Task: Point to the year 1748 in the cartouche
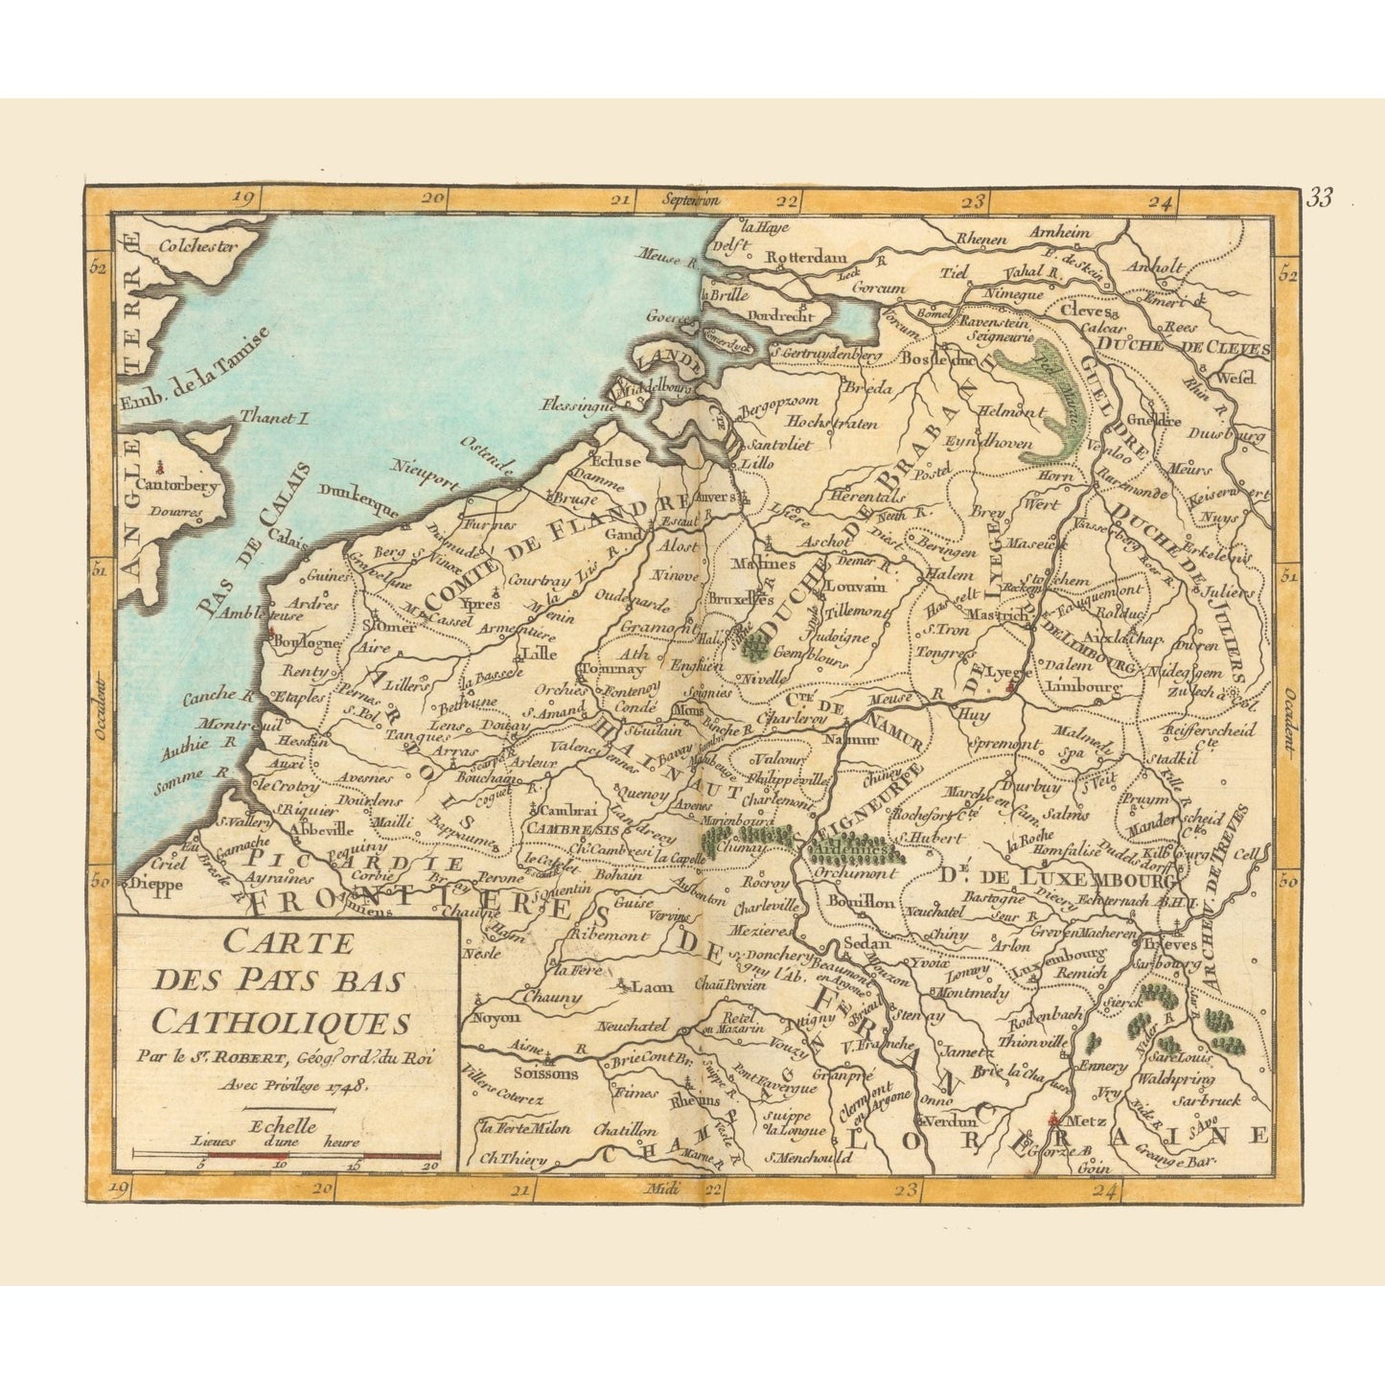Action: pyautogui.click(x=348, y=1086)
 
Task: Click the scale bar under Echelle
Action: pyautogui.click(x=286, y=1156)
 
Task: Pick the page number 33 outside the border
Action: pyautogui.click(x=1319, y=198)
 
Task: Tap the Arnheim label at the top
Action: pyautogui.click(x=1059, y=233)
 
